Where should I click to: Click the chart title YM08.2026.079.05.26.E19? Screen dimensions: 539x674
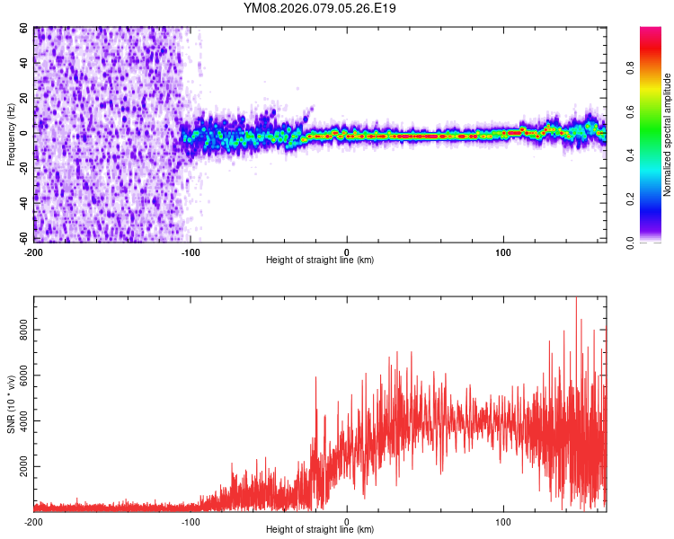[320, 8]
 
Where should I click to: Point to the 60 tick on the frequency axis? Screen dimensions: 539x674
[24, 29]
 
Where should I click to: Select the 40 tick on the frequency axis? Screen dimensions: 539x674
[24, 64]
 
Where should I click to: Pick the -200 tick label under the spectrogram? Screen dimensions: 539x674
[34, 251]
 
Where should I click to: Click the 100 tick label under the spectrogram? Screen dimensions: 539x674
[503, 251]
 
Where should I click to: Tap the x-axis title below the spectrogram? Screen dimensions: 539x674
[320, 260]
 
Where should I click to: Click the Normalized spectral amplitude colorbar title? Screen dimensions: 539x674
[668, 135]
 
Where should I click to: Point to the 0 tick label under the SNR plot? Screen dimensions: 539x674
[347, 521]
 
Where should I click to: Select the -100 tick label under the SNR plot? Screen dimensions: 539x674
[191, 521]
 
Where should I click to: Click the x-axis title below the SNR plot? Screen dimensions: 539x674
[320, 530]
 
